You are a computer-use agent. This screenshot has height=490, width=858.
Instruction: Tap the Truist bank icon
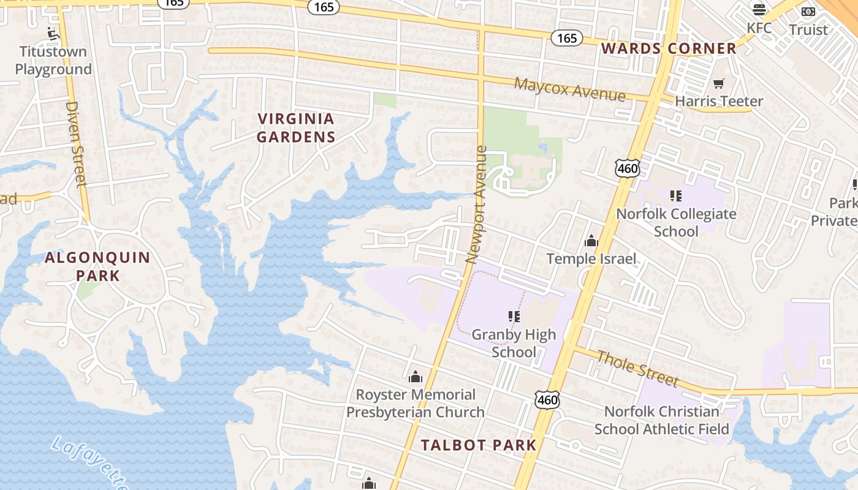coord(808,11)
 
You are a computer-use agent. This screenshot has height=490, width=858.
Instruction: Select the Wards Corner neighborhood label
coord(669,48)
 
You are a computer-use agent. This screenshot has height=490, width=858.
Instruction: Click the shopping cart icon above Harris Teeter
coord(718,83)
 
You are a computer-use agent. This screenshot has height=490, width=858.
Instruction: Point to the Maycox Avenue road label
coord(569,89)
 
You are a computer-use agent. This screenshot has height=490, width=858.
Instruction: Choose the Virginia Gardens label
coord(296,127)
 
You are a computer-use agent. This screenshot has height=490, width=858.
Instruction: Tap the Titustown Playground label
coord(53,60)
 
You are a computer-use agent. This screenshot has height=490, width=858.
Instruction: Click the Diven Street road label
coord(76,143)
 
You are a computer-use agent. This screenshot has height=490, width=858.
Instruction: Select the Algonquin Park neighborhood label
coord(97,266)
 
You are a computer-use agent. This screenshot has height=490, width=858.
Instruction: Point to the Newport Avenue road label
coord(476,204)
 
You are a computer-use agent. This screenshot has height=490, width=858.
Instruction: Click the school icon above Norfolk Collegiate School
coord(676,196)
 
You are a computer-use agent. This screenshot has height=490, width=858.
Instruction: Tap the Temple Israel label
coord(591,258)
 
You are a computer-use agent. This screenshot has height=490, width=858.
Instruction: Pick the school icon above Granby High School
coord(514,317)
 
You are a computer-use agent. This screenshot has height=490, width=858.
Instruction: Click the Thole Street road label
coord(637,369)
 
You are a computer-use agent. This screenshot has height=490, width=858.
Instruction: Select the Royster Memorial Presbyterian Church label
coord(416,403)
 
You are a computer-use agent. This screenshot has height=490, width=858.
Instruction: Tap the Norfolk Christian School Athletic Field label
coord(662,420)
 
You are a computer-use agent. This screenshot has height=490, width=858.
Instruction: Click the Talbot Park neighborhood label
coord(479,445)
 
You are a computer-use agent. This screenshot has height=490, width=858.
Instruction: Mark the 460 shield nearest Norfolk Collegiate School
coord(628,167)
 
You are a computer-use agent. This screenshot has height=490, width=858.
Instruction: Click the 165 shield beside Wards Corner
coord(567,38)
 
